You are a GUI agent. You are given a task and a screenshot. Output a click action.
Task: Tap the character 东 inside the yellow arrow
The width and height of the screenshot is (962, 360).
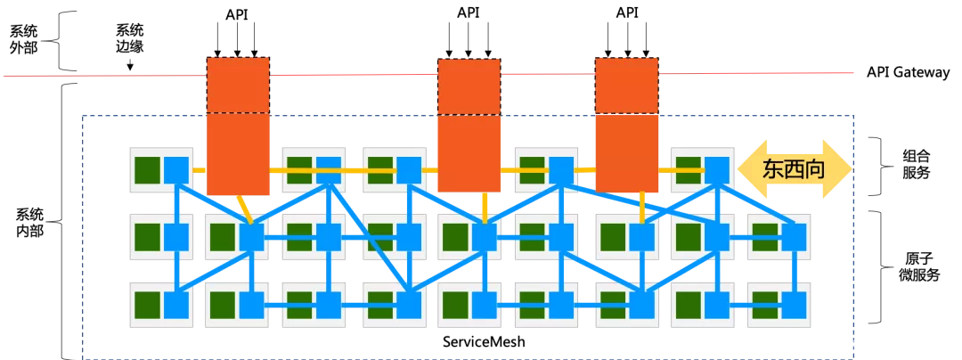coord(773,169)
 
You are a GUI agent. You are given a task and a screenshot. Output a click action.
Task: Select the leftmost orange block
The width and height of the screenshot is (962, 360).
coord(238,127)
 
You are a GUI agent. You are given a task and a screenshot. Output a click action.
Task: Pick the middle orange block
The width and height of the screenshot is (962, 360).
coord(469,126)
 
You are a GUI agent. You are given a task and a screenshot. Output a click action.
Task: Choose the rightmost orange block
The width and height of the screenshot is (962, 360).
coord(626,125)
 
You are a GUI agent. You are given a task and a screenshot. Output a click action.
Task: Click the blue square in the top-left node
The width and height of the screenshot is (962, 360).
coord(176,169)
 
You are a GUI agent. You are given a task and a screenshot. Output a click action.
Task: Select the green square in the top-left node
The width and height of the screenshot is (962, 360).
coord(147,169)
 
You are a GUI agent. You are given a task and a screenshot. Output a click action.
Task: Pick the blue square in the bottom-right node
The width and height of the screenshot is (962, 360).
coord(793,305)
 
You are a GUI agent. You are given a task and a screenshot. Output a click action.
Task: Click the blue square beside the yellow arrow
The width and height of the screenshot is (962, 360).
coord(717,169)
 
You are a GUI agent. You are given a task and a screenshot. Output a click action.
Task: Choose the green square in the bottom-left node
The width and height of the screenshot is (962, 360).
coord(147,305)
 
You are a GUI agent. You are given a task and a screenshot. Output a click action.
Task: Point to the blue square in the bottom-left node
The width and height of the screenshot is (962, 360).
coord(176,305)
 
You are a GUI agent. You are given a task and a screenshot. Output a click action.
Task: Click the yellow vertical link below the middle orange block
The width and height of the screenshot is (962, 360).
coord(485,207)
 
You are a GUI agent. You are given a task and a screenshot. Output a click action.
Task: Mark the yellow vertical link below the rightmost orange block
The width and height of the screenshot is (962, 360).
coord(641,208)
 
